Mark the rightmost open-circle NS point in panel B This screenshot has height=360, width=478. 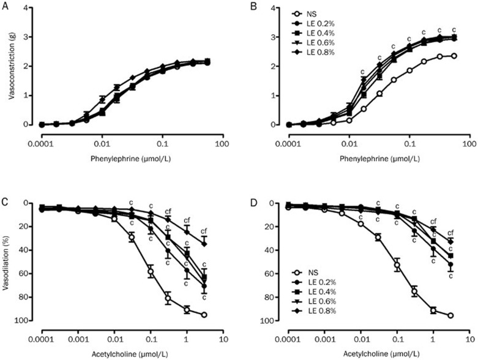(x=454, y=56)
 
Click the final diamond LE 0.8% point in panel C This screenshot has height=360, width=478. (x=204, y=244)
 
